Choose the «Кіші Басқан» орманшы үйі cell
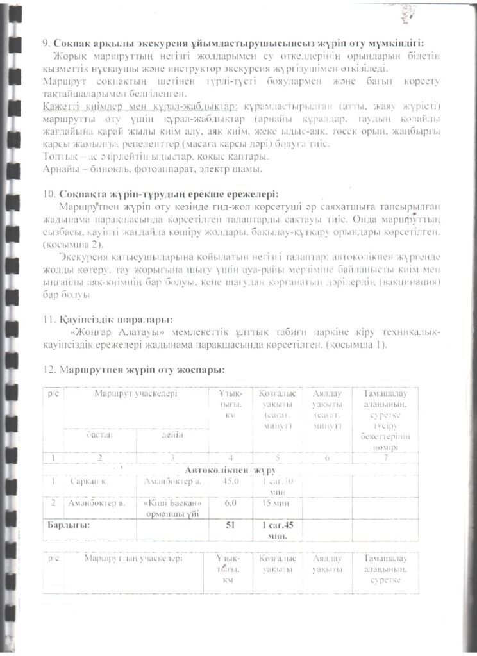[172, 507]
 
